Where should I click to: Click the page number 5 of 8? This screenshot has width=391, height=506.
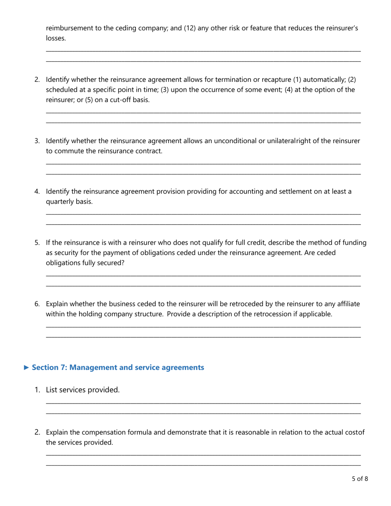(360, 478)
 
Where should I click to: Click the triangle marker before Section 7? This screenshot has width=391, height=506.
(26, 367)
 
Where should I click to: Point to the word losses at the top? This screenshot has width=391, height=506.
(55, 38)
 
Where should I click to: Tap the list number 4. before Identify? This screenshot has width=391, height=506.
(37, 191)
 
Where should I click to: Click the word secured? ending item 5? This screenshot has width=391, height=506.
(110, 262)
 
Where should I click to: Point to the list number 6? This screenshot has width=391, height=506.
(37, 304)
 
